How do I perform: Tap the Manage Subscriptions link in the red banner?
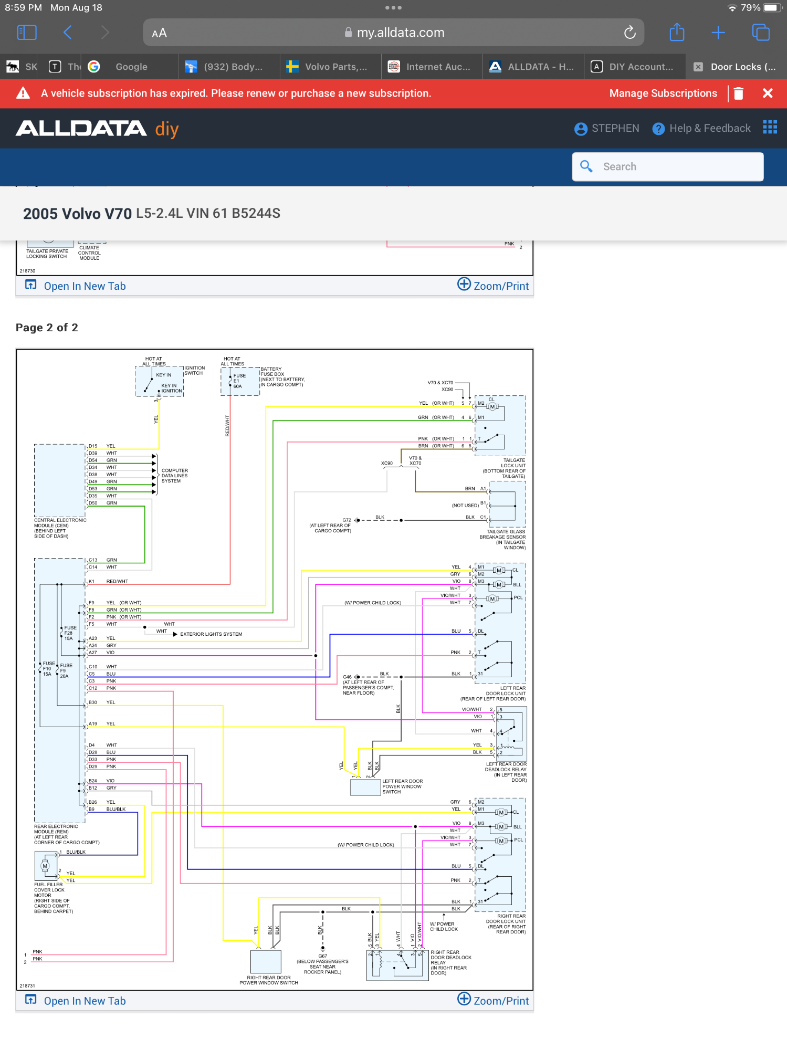pos(663,93)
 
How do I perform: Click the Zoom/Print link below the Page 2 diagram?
pos(494,1001)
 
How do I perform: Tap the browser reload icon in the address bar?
pos(629,33)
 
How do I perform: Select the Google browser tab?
pos(131,67)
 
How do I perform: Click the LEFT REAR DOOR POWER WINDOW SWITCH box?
pos(365,787)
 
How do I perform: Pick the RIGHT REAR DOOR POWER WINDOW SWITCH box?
pos(266,962)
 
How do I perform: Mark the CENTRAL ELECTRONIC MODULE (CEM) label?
pos(59,528)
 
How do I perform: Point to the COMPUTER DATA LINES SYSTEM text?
pos(174,476)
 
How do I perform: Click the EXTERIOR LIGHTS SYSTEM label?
pos(211,634)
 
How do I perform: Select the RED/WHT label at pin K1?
pos(117,582)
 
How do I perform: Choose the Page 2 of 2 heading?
pos(47,328)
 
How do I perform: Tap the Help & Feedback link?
pos(701,129)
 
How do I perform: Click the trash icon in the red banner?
pos(738,93)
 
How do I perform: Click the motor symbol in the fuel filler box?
pos(45,866)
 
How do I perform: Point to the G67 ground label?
pos(322,957)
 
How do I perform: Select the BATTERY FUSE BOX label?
pos(282,377)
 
